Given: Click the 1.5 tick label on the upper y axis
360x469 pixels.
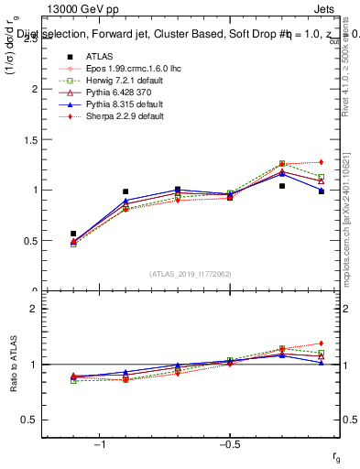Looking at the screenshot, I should [31, 140].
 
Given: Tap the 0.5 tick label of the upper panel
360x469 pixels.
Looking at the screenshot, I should [31, 241].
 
